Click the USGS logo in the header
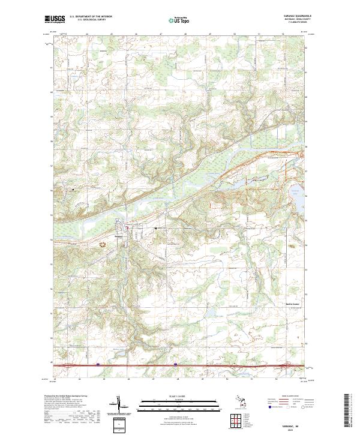(x=55, y=20)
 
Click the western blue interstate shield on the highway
(x=97, y=364)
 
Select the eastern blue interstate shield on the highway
(x=175, y=364)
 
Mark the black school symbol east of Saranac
(x=155, y=229)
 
